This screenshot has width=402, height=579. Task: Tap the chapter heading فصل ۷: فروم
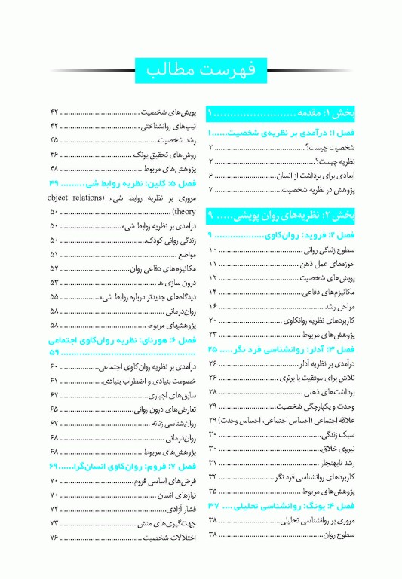(136, 466)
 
